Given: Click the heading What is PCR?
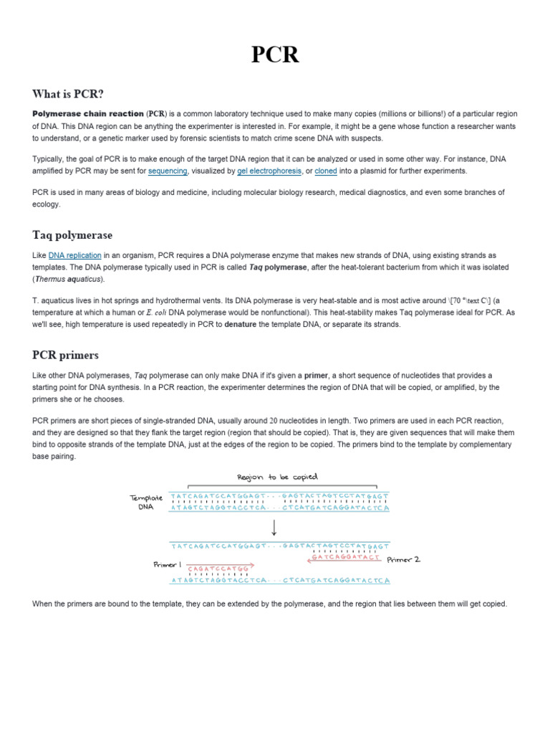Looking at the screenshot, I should (x=73, y=94).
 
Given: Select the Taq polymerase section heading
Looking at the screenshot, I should (x=72, y=235).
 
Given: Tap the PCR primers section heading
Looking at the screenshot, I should (x=66, y=355).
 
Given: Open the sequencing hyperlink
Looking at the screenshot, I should (x=168, y=171).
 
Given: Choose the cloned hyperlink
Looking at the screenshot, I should (x=326, y=171).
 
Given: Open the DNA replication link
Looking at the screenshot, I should (x=74, y=255).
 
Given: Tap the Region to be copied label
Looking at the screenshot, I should (x=277, y=477).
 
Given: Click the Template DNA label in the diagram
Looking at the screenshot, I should (x=146, y=502).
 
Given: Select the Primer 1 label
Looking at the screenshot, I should (x=168, y=565).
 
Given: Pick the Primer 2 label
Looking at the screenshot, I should (x=404, y=559).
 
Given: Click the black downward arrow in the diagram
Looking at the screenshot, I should (x=274, y=527).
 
